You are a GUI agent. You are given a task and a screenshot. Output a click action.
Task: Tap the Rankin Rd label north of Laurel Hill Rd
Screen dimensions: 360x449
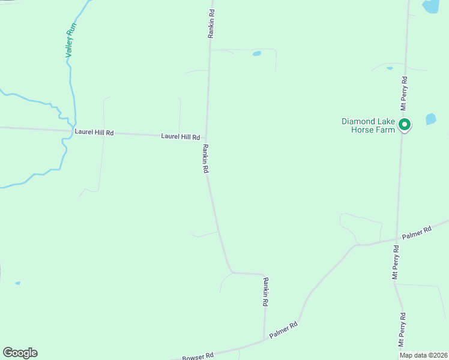[211, 23]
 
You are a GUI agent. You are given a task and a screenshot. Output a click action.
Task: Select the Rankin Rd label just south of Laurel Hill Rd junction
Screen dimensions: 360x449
[205, 159]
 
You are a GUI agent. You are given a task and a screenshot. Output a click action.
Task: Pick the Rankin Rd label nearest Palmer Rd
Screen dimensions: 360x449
[265, 292]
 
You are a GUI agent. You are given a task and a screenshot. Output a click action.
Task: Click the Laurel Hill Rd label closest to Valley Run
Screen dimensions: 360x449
[94, 132]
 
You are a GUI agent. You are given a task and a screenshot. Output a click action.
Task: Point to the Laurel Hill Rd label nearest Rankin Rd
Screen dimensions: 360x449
[180, 137]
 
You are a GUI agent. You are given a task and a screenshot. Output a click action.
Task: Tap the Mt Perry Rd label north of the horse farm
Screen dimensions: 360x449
[405, 92]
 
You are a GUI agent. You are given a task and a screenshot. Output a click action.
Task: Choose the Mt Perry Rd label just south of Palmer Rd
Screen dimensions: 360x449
[396, 262]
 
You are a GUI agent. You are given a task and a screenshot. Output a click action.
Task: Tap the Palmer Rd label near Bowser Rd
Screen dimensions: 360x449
[283, 330]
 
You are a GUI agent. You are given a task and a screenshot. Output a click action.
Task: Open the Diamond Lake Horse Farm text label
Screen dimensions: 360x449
[369, 125]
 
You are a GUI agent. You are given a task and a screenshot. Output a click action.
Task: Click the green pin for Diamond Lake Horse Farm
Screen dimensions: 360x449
[405, 125]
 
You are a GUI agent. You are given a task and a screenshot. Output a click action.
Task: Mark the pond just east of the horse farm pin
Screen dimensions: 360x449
[430, 119]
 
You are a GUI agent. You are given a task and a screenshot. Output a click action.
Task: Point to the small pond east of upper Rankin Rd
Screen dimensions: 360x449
[257, 53]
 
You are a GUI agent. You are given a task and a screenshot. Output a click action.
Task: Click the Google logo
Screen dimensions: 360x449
[20, 353]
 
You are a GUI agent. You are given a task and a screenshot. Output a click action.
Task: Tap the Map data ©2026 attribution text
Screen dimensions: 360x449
[423, 355]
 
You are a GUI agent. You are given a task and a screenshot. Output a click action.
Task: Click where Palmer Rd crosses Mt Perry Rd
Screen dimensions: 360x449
[397, 240]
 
